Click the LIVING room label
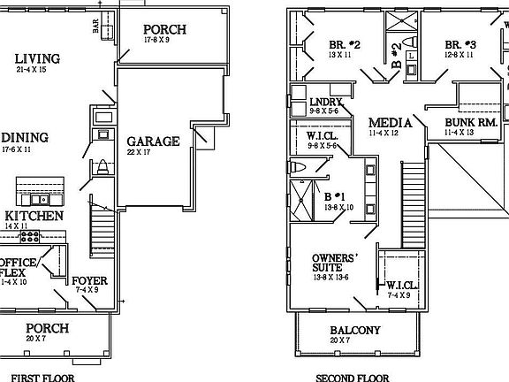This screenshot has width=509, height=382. [x=38, y=59]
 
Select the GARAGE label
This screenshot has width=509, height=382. [x=153, y=141]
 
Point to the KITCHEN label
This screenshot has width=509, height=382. [x=34, y=216]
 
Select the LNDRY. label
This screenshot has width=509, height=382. [x=325, y=101]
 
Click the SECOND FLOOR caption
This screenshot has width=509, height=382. [x=353, y=377]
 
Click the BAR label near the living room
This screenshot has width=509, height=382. [x=95, y=27]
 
